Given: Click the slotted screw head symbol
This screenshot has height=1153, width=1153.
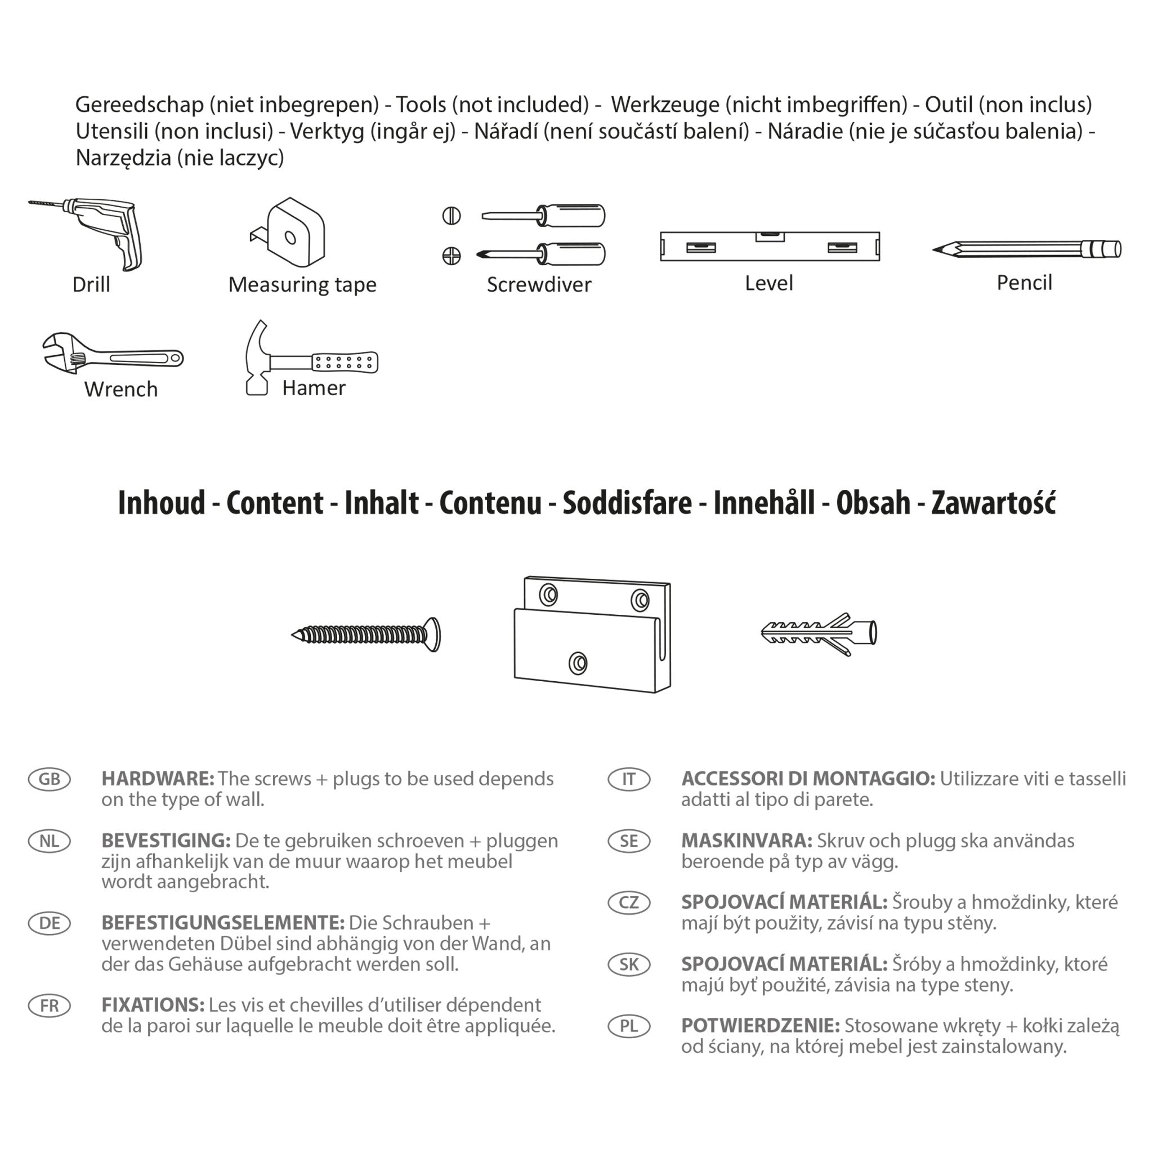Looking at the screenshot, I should pos(451,216).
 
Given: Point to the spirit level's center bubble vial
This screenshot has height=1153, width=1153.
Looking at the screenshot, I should pos(770,237).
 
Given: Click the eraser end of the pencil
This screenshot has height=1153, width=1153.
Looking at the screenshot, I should pos(1111,249).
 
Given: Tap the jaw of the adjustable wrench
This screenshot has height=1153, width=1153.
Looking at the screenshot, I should pos(60,352).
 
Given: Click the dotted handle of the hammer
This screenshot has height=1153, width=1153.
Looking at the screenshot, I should pos(345,361).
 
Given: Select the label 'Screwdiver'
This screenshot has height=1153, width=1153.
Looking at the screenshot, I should pos(538,285).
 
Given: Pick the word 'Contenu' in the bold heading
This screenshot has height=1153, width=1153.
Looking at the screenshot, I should pos(490,503).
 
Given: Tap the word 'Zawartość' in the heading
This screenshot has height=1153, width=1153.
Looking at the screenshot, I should pos(993,503).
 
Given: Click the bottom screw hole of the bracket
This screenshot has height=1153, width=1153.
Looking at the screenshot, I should pos(578,663).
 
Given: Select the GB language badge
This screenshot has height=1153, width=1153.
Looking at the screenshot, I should pos(50,779).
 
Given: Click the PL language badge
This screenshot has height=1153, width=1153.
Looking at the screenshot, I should pos(629,1026).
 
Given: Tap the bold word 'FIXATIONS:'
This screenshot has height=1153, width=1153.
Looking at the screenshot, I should pos(153,1005).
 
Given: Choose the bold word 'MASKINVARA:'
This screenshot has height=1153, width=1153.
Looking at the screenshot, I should pos(747,841).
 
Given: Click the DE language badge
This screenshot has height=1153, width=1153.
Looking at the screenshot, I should pos(50,923).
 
